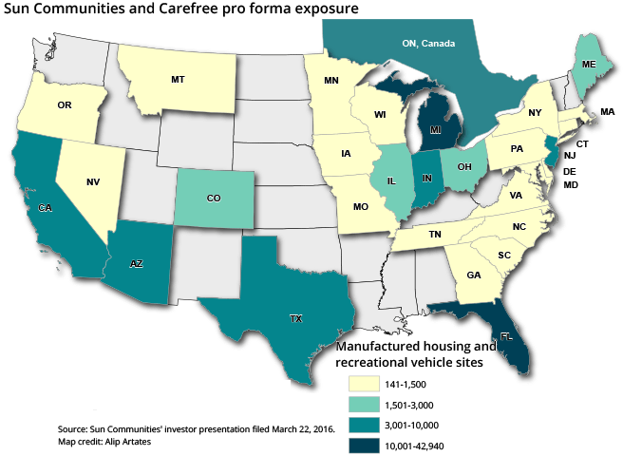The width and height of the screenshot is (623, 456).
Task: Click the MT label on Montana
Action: [x=178, y=80]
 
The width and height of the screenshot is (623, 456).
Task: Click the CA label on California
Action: [x=45, y=207]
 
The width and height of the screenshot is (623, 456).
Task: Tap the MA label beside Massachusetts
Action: [x=607, y=112]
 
